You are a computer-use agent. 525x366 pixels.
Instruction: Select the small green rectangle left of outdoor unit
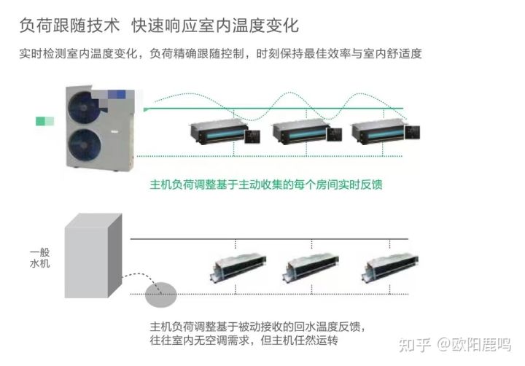click(44, 121)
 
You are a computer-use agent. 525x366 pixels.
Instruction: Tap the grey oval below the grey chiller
click(160, 295)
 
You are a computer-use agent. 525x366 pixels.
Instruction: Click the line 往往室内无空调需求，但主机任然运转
click(244, 340)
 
